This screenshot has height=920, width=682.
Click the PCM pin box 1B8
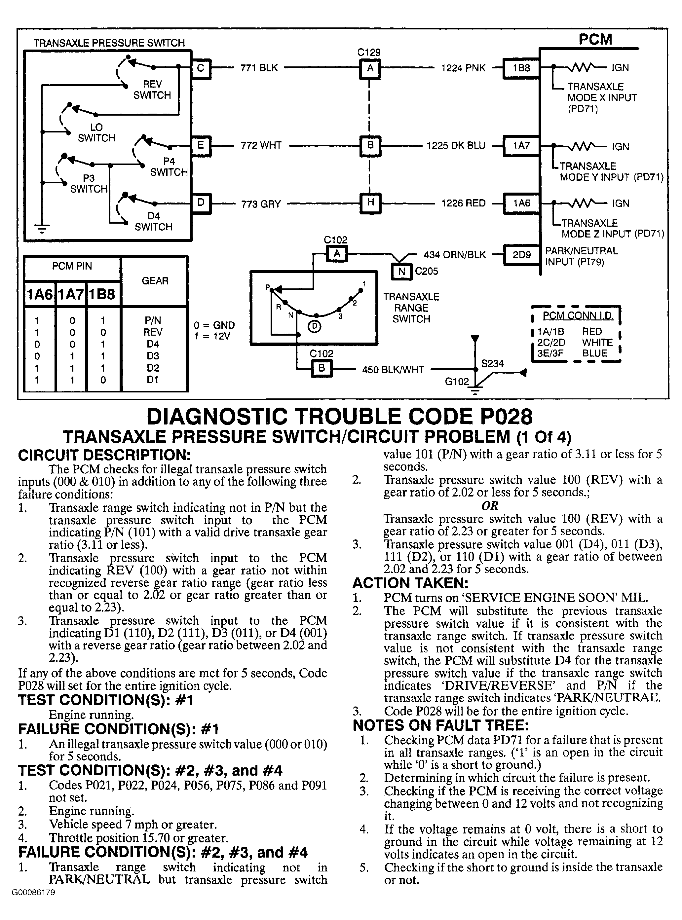tap(521, 68)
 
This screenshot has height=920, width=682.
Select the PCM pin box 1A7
tap(521, 145)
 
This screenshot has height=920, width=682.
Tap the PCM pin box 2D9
tap(521, 255)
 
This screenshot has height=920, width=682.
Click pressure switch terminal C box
tap(201, 68)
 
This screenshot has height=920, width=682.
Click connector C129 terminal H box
tap(370, 202)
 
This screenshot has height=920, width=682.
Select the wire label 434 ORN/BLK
tap(455, 255)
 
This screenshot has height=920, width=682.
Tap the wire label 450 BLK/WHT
tap(393, 370)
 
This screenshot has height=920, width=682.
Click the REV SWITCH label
tap(152, 90)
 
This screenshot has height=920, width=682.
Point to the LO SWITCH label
tap(96, 132)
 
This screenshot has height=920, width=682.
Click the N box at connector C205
tap(401, 272)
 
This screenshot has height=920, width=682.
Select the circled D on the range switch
tap(315, 326)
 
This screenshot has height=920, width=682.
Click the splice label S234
tap(493, 363)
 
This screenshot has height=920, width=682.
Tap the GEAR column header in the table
tap(155, 281)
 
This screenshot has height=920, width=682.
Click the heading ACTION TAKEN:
tap(410, 583)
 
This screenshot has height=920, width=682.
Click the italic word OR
tap(490, 506)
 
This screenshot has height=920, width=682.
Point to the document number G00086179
tap(33, 892)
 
